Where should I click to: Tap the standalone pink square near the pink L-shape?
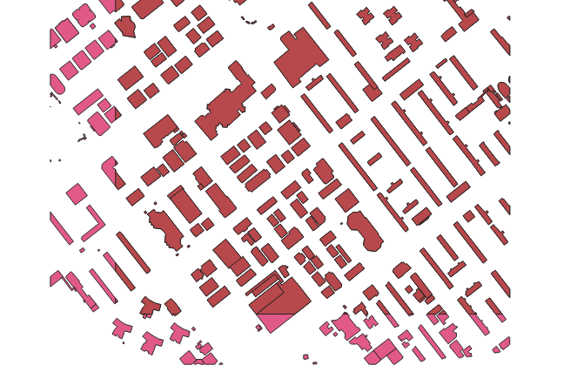[77, 193]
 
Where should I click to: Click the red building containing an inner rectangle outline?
[185, 206]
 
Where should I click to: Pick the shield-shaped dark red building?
[125, 26]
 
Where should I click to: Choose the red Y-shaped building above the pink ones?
[150, 306]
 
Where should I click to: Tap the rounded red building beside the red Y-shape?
[172, 307]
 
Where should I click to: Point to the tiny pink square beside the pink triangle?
[258, 328]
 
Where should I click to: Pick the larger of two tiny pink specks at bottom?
[305, 356]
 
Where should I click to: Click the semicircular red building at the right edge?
[504, 90]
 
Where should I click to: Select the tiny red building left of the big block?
[271, 27]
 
